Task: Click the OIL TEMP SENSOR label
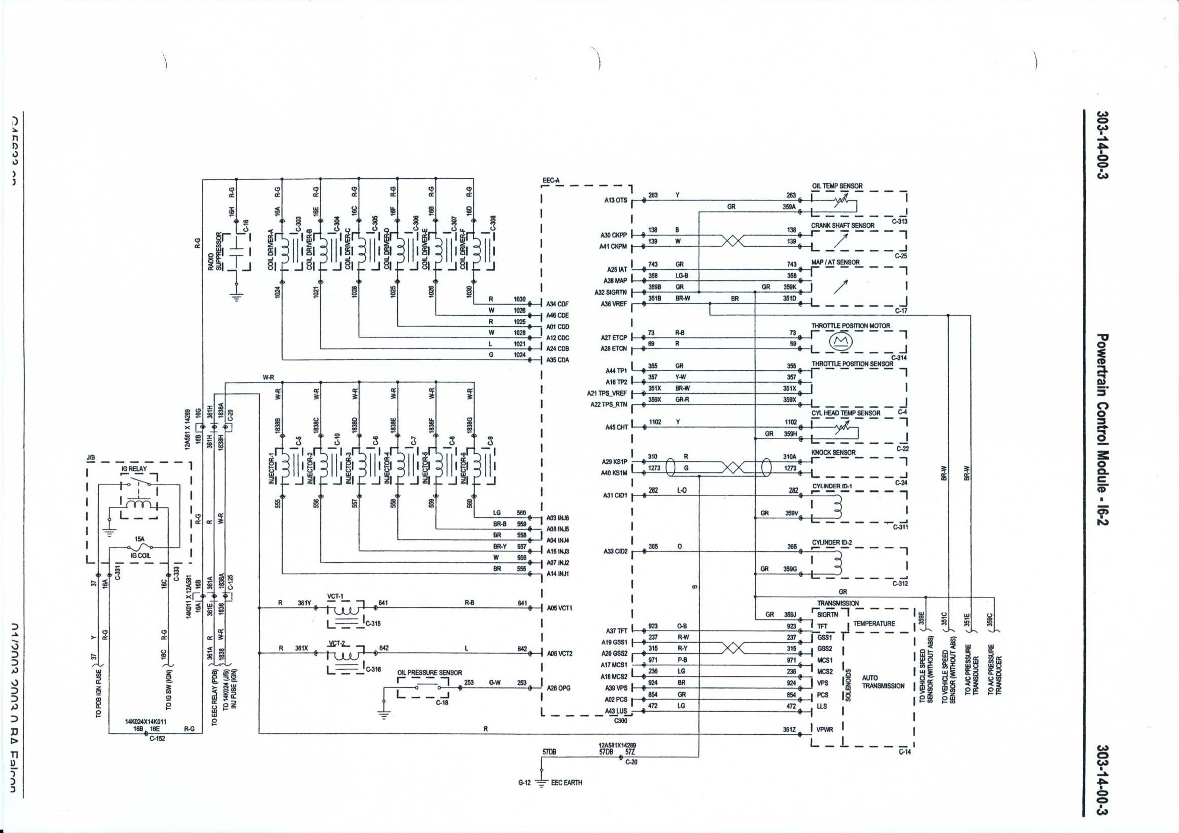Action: (836, 186)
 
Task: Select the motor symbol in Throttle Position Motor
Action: (840, 341)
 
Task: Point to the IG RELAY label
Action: (134, 468)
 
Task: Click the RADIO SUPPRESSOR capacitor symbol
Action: (236, 252)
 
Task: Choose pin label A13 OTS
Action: (616, 200)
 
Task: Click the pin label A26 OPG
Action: (558, 688)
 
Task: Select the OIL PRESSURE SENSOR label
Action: (429, 672)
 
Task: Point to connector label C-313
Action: (899, 222)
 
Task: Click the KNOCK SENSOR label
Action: (833, 452)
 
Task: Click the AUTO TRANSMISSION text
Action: (883, 681)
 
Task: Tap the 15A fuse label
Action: (139, 539)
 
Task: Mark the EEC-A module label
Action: (551, 181)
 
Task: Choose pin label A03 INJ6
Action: (558, 518)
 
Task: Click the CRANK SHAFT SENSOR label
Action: (842, 225)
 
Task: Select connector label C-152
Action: (157, 739)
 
